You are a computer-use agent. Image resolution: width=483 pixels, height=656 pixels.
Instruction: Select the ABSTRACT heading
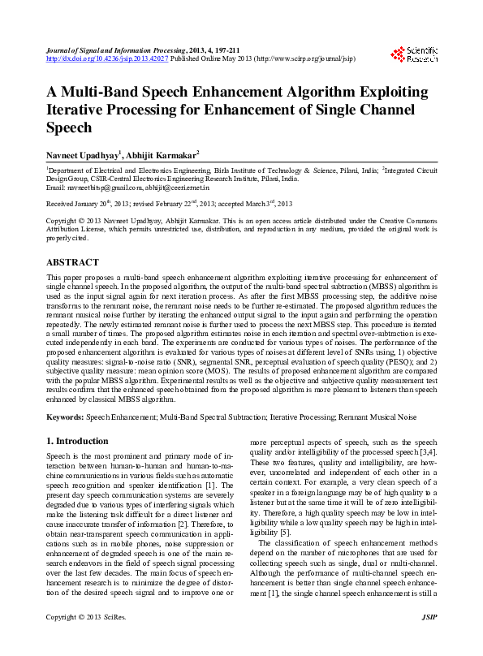click(72, 263)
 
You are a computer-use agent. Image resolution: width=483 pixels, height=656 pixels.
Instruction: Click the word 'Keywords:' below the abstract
click(65, 416)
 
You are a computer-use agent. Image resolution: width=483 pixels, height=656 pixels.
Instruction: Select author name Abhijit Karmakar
click(169, 153)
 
